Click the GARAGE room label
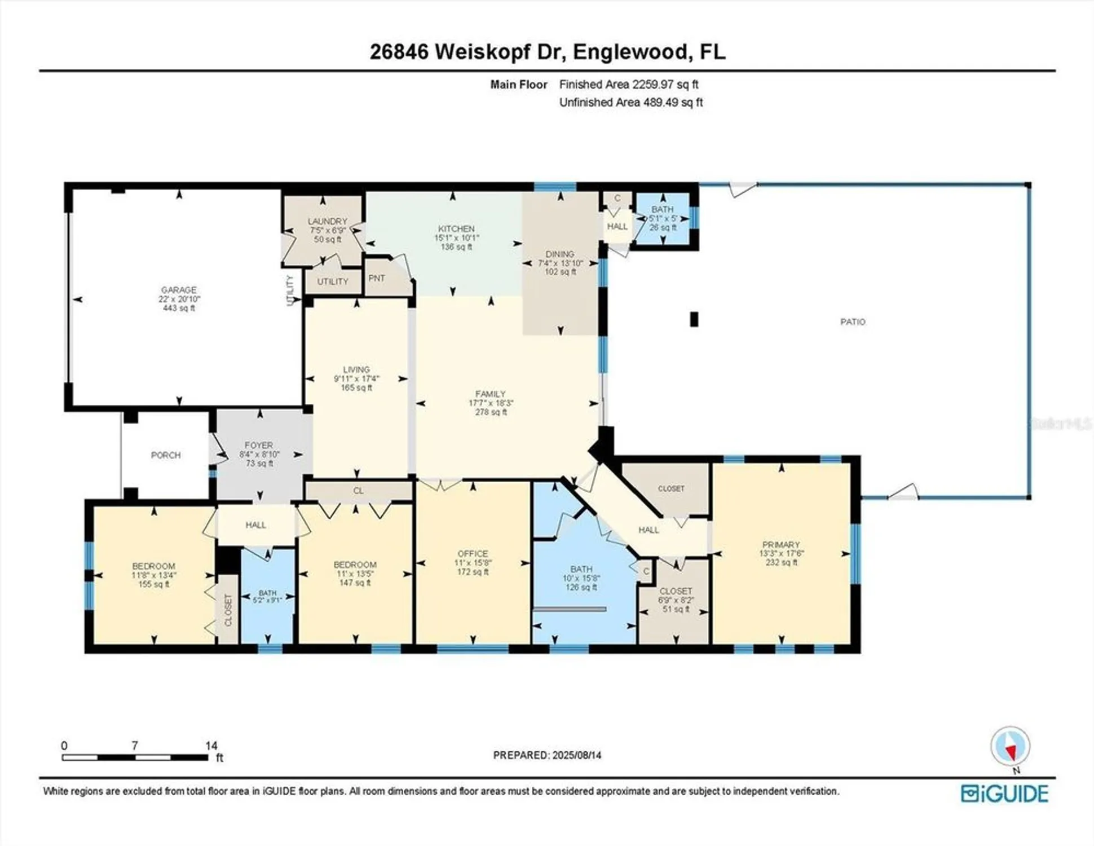pos(179,290)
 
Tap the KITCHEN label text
pos(456,228)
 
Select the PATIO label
pos(852,321)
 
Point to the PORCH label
pos(166,455)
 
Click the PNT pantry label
pos(377,278)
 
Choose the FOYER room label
pos(259,445)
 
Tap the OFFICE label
pos(473,553)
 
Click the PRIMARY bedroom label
pos(780,544)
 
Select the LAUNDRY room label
pos(327,221)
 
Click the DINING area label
pos(559,254)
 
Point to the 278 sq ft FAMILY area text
pos(491,412)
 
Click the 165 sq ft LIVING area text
pos(356,388)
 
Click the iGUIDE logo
pos(1004,794)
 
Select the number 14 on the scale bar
pos(211,746)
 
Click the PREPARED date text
pos(546,755)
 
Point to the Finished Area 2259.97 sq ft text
pos(628,85)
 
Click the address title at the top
pos(547,52)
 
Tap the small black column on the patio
pos(694,319)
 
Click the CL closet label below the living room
pos(358,490)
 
